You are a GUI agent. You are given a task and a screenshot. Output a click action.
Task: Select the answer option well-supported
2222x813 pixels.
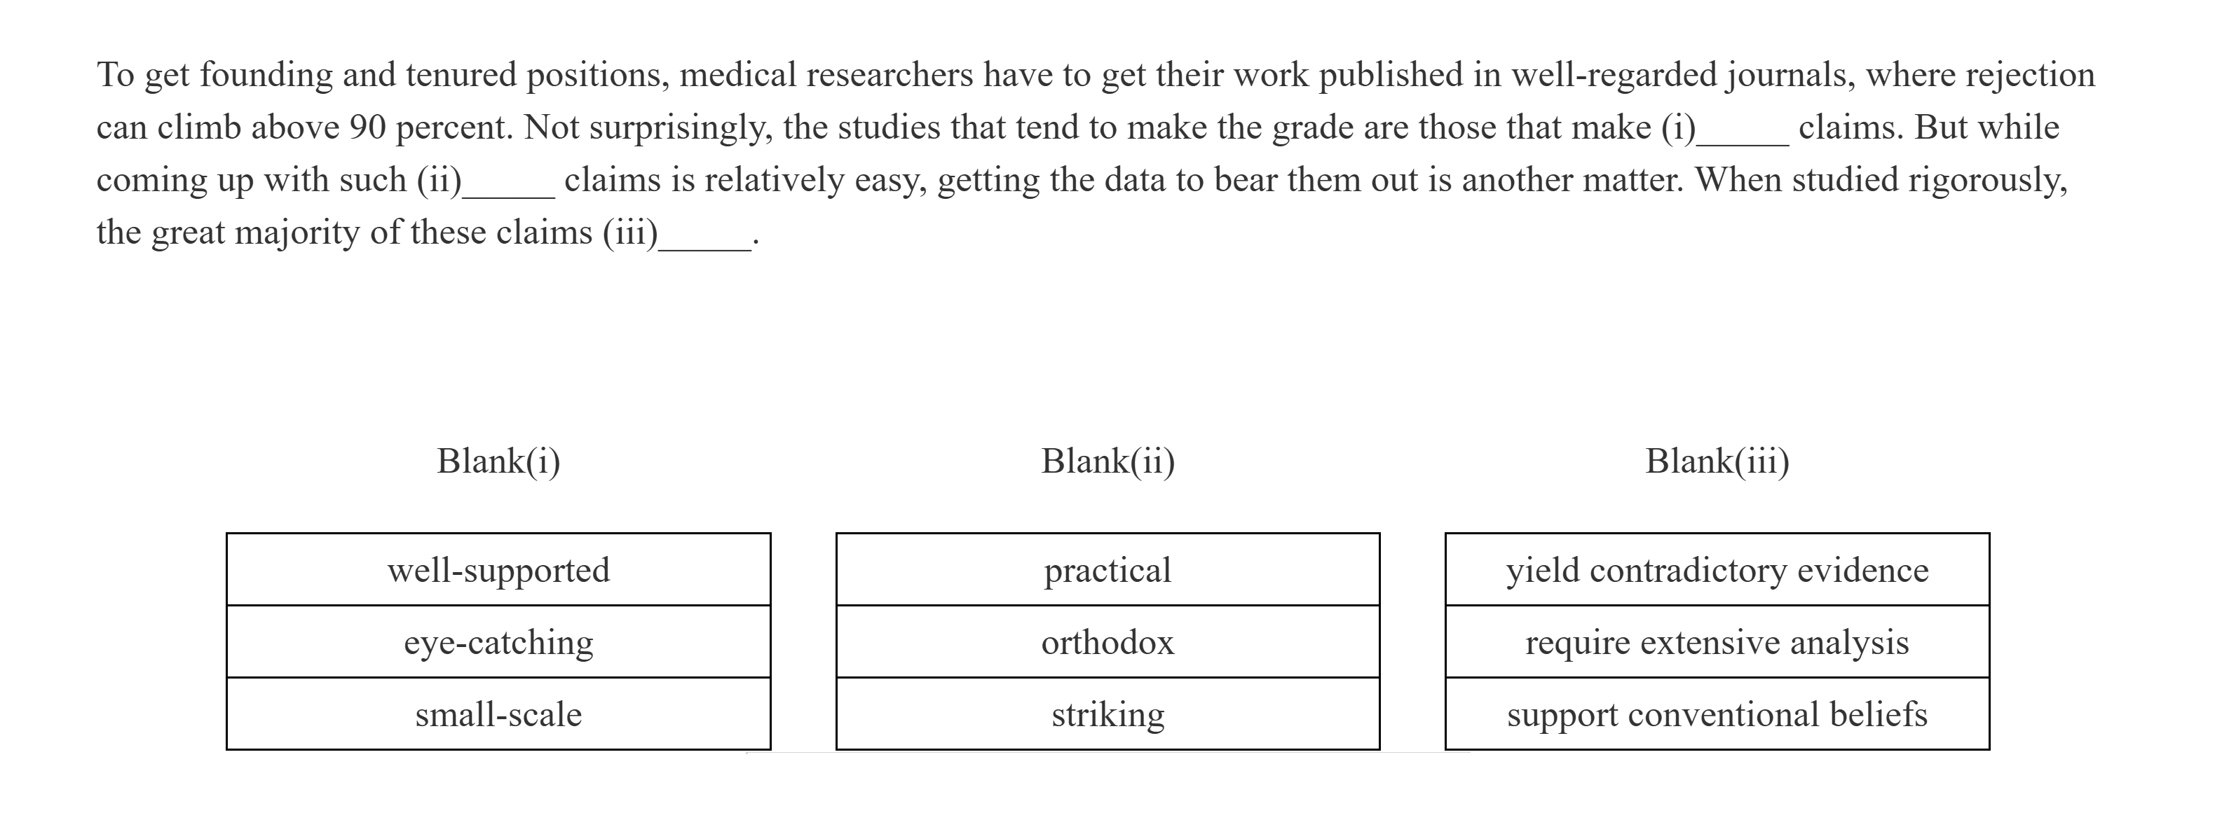[x=498, y=570]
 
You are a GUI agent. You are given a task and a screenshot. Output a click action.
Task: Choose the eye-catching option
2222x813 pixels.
[x=498, y=642]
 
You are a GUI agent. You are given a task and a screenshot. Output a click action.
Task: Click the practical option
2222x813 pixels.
[x=1107, y=570]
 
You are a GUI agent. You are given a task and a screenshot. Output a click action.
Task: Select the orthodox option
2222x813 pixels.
[x=1107, y=642]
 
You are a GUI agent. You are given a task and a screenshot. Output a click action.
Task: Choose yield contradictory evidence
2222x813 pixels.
[x=1717, y=570]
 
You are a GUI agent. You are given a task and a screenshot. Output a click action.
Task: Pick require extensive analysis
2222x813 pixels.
[x=1717, y=642]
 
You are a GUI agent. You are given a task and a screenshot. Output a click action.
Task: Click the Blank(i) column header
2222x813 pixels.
[x=498, y=461]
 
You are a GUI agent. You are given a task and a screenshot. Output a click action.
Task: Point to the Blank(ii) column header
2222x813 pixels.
[x=1107, y=461]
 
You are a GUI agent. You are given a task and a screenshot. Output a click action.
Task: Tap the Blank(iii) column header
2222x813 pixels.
[x=1717, y=461]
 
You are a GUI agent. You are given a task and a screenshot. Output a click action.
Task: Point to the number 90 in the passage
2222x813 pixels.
[x=367, y=128]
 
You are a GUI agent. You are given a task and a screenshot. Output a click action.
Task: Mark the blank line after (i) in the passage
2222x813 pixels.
[x=1743, y=138]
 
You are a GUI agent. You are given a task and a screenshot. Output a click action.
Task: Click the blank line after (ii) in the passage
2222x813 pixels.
[x=509, y=190]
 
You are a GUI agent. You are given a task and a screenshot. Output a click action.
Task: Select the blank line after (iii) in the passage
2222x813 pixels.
[x=704, y=243]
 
